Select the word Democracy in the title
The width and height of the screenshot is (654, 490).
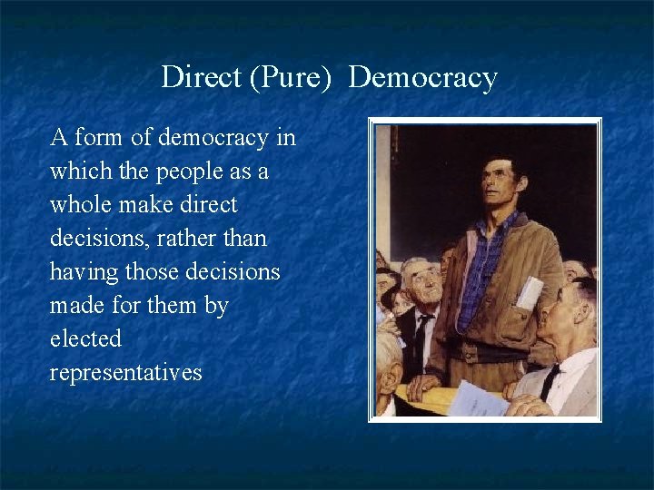422,79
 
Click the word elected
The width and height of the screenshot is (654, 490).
85,339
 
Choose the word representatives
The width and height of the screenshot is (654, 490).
126,373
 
